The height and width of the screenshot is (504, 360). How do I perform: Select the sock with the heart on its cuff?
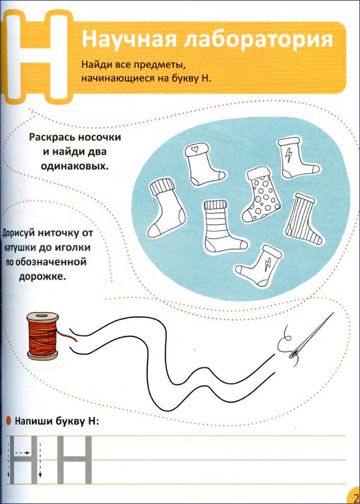pos(204,164)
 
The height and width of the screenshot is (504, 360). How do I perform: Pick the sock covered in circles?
pos(261,195)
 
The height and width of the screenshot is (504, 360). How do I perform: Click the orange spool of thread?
pos(43,336)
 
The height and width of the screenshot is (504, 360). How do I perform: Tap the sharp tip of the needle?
pos(334,312)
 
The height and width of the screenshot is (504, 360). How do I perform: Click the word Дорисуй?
pos(19,234)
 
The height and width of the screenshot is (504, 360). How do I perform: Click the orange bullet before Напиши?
pos(9,420)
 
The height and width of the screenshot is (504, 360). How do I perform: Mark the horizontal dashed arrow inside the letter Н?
pos(22,453)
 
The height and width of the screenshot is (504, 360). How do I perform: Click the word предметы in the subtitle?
pos(161,66)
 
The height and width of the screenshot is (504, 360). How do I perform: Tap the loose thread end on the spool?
pos(67,336)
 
